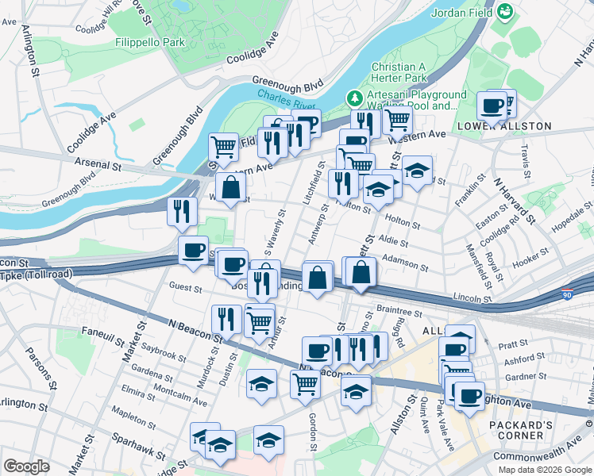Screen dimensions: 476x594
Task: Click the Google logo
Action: click(26, 466)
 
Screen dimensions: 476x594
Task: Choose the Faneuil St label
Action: click(102, 339)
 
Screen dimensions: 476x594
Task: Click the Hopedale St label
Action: click(573, 225)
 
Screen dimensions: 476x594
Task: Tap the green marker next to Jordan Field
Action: click(504, 13)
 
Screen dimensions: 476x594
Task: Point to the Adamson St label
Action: click(405, 258)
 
